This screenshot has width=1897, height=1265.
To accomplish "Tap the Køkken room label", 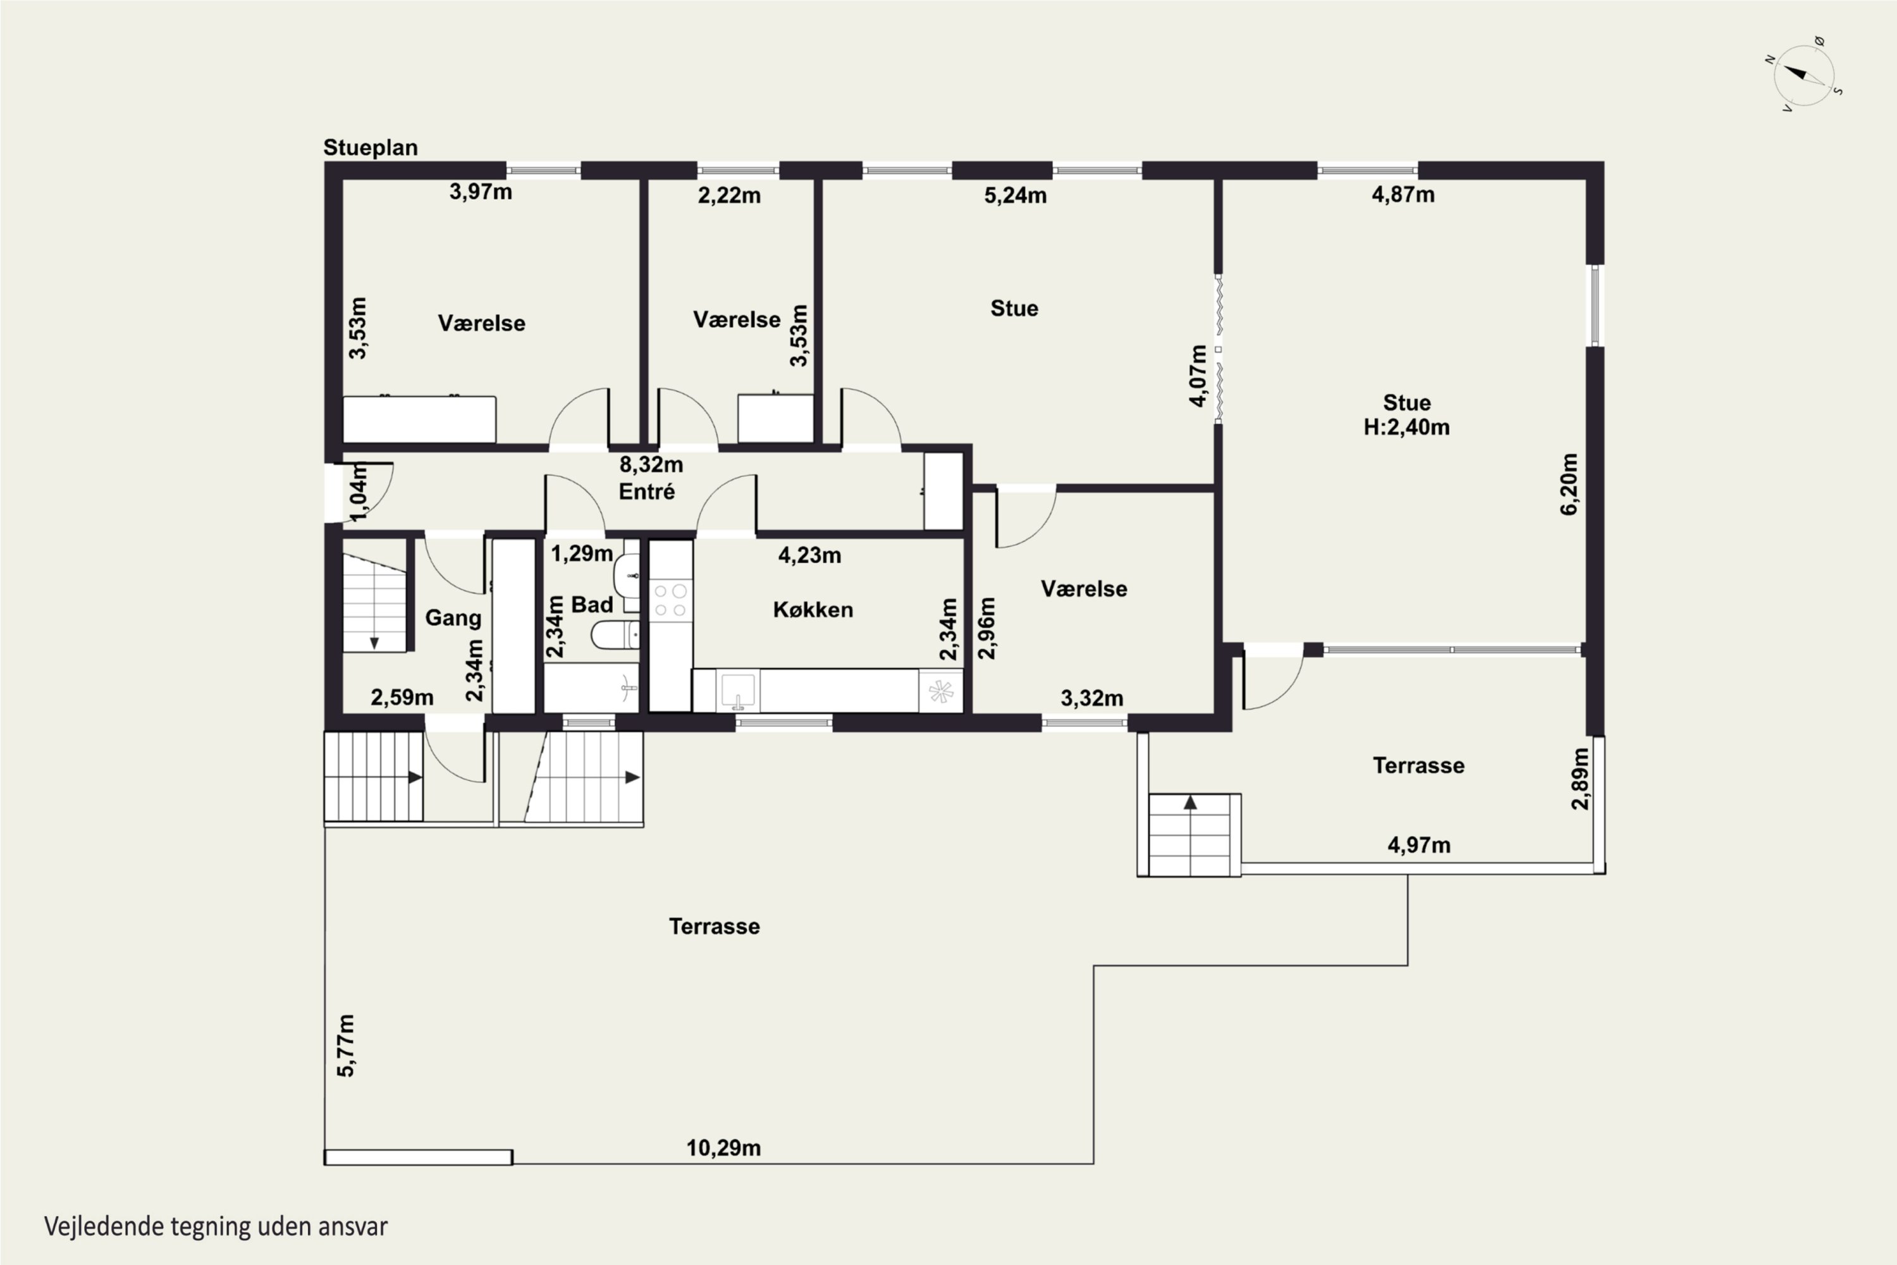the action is [x=813, y=609].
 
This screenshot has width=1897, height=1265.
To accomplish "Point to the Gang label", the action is [x=453, y=618].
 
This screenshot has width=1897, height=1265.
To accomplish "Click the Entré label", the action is [x=647, y=491].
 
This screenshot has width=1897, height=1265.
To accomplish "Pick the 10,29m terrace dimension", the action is [x=723, y=1148].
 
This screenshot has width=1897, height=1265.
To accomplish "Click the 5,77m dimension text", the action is [x=346, y=1046].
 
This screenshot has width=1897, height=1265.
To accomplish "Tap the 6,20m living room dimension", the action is [x=1569, y=484].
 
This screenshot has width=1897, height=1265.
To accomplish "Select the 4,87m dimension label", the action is [x=1403, y=194].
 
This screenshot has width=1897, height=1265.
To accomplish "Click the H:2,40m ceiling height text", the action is [x=1406, y=427].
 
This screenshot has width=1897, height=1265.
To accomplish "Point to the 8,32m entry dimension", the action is [x=651, y=465].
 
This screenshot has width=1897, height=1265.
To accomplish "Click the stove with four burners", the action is [x=670, y=600].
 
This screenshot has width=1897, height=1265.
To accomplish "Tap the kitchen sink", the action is [x=738, y=691].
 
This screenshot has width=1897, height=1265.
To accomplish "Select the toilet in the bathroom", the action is [x=615, y=636].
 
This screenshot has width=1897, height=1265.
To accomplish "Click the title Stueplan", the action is [x=370, y=147].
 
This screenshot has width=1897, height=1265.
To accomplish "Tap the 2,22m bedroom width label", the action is [x=729, y=195].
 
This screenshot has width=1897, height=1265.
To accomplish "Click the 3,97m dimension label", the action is [x=481, y=192].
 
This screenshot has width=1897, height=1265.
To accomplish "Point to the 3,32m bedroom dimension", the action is [x=1092, y=699].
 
